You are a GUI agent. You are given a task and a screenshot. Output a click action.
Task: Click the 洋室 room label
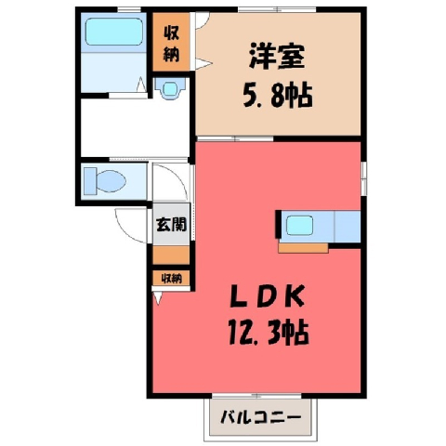coord(277,57)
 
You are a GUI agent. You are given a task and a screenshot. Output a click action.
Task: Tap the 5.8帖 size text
coord(277,96)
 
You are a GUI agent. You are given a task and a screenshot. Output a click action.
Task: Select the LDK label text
coord(267,297)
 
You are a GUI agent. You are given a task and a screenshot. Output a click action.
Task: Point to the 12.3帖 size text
coord(269,333)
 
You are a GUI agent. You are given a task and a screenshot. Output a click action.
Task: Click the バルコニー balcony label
coord(261,417)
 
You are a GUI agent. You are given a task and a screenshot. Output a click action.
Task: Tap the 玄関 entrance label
coord(171,224)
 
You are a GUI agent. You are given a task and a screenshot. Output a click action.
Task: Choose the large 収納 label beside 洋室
coord(171,44)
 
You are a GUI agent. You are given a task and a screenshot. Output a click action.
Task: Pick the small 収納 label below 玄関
coord(171,279)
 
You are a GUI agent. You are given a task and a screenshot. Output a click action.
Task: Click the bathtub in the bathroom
coord(114,32)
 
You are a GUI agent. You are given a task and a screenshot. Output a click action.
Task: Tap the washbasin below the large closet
coord(171,88)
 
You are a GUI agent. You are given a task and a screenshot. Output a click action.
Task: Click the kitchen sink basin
coord(299,226)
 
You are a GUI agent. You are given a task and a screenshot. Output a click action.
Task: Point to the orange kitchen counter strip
coord(303,248)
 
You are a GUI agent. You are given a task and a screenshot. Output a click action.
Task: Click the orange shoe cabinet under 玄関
coord(171,256)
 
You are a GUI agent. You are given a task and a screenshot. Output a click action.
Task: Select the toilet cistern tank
coord(90,181)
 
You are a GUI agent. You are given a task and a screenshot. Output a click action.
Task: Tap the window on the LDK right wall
coord(364,178)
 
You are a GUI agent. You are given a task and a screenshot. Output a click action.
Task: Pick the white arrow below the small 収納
coord(158,298)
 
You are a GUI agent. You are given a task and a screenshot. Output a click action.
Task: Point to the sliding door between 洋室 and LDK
coord(235,138)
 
